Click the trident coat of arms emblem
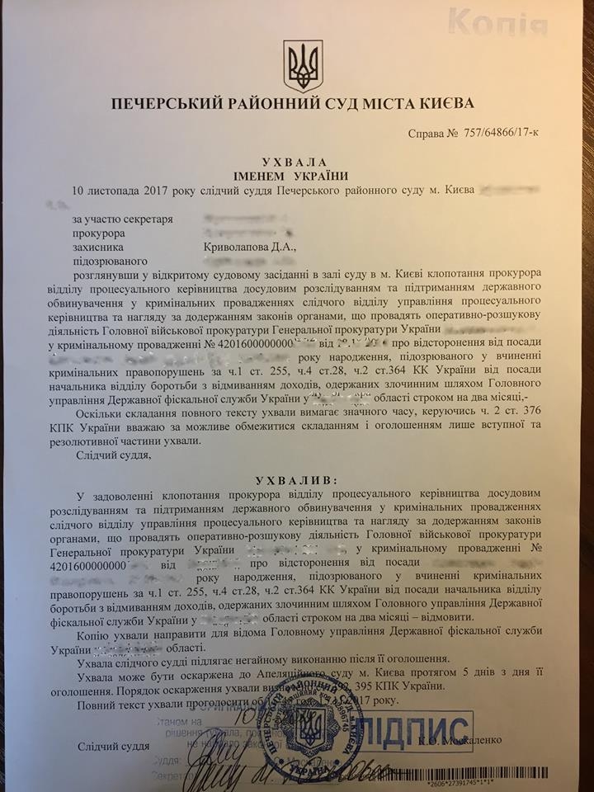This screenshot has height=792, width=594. point(303,67)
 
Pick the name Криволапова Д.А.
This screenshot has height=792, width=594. point(247,246)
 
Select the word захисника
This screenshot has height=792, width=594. point(101,246)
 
